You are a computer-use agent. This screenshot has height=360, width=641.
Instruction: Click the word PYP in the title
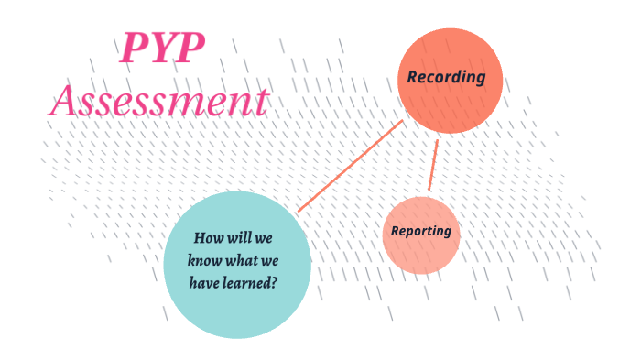pos(162,48)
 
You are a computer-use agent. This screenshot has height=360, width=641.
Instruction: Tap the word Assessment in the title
pos(158,100)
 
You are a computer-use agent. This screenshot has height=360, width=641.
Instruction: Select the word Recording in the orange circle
pos(446,77)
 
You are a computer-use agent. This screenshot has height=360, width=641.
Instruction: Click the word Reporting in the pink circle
pos(421,231)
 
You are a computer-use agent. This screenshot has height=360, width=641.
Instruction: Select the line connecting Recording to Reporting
pos(433,166)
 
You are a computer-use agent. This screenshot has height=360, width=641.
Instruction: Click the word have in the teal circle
pos(204,282)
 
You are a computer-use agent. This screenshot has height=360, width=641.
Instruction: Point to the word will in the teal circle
pos(243,237)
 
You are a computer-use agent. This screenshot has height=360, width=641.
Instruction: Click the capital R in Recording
pos(413,77)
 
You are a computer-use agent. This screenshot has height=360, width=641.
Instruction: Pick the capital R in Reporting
pos(396,231)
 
